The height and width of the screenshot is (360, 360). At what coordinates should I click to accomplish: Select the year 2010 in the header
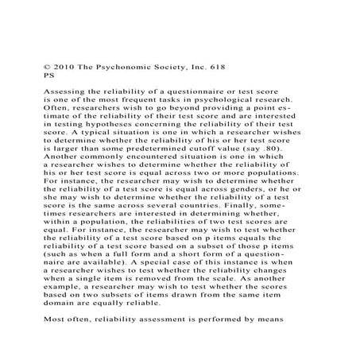(65, 69)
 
